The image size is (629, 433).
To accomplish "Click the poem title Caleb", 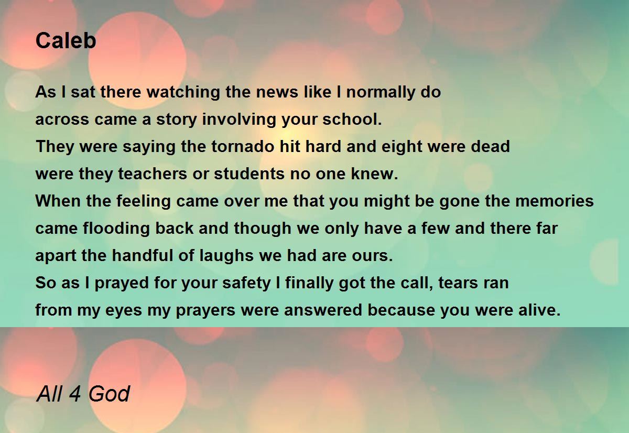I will pyautogui.click(x=66, y=41).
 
